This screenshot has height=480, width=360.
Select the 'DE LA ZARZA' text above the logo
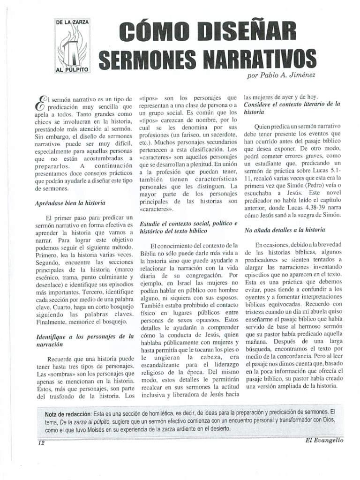click(74, 22)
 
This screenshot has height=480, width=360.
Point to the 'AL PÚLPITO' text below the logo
click(74, 69)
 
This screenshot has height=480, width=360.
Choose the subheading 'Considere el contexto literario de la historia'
click(292, 108)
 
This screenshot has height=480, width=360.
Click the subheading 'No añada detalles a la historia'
click(285, 230)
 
